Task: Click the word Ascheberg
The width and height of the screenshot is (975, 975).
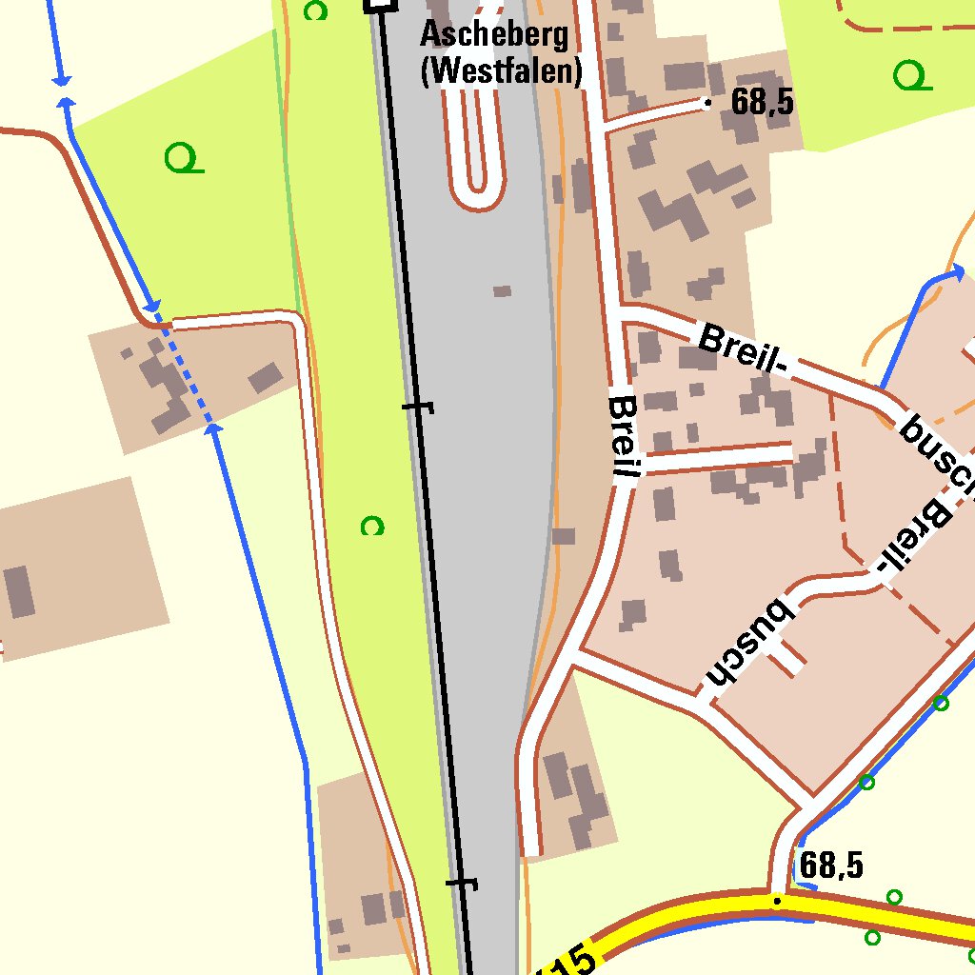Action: click(494, 36)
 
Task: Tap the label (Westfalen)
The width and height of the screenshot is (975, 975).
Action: click(501, 71)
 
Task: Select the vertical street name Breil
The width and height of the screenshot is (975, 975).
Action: click(625, 436)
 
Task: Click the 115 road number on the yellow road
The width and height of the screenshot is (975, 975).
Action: click(569, 960)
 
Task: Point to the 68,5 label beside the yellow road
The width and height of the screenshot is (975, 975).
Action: click(831, 866)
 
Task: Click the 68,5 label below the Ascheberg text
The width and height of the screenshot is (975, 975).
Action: click(762, 103)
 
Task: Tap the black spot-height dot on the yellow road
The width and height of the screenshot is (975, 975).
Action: click(778, 900)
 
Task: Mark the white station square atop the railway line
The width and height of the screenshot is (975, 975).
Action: click(380, 5)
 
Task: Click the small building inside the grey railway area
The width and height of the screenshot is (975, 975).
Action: click(502, 290)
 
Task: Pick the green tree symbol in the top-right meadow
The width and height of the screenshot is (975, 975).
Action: click(912, 75)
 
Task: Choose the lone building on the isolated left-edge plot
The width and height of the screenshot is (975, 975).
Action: click(20, 591)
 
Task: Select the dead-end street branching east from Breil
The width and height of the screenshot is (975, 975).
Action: click(719, 458)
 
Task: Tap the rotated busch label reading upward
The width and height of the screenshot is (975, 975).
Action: click(748, 643)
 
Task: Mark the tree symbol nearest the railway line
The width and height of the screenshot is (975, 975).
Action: click(372, 526)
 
